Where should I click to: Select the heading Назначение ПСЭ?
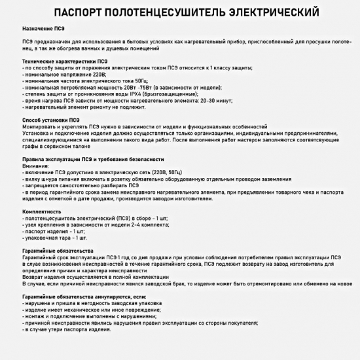(43, 29)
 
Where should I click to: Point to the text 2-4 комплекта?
(150, 225)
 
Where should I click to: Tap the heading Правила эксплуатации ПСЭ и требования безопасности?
(90, 158)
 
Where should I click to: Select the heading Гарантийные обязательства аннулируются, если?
(77, 296)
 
